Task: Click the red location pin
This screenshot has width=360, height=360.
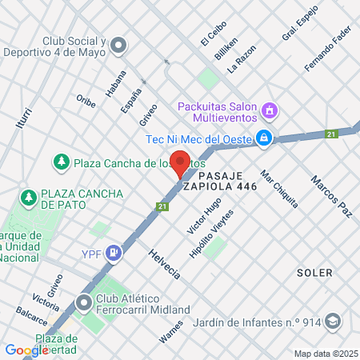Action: pos(181,162)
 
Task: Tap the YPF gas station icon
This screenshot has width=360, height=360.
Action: pos(114,254)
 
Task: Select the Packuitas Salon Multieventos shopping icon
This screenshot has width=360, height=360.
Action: pos(270,110)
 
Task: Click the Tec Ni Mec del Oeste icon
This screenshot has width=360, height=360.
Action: pos(265,138)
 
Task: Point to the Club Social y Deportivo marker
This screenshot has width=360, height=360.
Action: pos(119,44)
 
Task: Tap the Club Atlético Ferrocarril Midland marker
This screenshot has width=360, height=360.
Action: pos(85,302)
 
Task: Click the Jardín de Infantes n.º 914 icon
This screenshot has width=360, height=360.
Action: pos(333,323)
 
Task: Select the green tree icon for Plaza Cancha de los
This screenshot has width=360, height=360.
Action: pos(61,162)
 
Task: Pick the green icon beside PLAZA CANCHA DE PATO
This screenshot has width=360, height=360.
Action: pos(29,196)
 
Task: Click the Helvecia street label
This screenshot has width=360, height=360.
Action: pos(164,263)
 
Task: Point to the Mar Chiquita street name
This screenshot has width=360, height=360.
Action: pos(279,189)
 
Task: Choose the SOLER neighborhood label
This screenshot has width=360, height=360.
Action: pos(314,273)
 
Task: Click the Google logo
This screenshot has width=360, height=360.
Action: pos(26,350)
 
